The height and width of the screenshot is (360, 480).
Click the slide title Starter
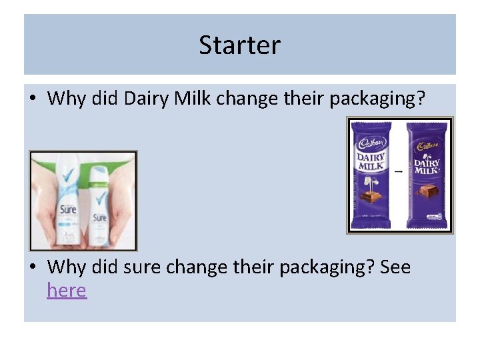239,45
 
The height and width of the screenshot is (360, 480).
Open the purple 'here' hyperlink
67,291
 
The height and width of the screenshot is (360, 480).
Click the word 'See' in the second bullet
395,268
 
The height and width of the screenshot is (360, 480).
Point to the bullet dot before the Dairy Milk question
33,99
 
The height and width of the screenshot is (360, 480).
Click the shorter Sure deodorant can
99,207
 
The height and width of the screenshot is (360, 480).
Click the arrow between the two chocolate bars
398,172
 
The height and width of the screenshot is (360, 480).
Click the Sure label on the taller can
68,210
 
